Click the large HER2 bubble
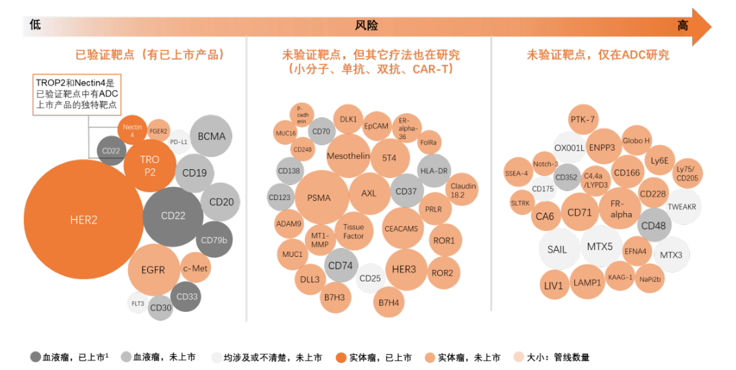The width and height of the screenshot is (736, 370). pyautogui.click(x=84, y=220)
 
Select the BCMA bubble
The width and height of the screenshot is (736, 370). pyautogui.click(x=211, y=136)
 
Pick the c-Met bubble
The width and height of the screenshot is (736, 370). pyautogui.click(x=195, y=269)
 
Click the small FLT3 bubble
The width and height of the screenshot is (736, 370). pyautogui.click(x=138, y=303)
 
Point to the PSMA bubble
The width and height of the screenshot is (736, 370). pyautogui.click(x=319, y=198)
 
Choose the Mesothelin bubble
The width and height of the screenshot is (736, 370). pyautogui.click(x=348, y=156)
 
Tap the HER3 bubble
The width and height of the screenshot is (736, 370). pyautogui.click(x=404, y=269)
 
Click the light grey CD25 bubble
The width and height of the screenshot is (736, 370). pyautogui.click(x=370, y=278)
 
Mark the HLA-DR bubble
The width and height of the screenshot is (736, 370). pyautogui.click(x=434, y=171)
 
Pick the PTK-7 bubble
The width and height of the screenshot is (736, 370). pyautogui.click(x=582, y=119)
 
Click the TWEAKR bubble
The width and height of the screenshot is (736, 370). pyautogui.click(x=682, y=207)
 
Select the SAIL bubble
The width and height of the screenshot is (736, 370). pyautogui.click(x=557, y=249)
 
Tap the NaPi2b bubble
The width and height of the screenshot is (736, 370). pyautogui.click(x=650, y=279)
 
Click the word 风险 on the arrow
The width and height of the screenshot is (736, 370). pyautogui.click(x=366, y=26)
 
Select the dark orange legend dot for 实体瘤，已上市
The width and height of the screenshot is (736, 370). pyautogui.click(x=341, y=357)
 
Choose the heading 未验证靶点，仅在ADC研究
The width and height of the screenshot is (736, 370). pyautogui.click(x=598, y=55)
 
